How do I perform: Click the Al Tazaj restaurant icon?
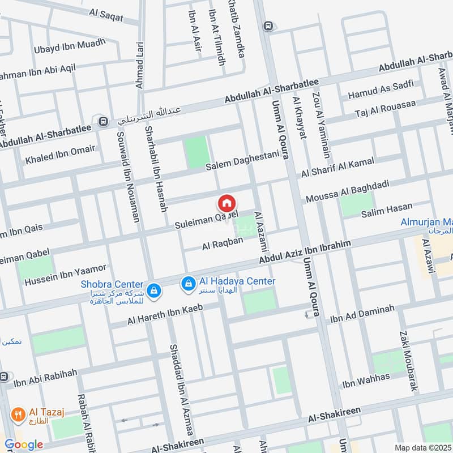(x=19, y=414)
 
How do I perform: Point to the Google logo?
(x=23, y=445)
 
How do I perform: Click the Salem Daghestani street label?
(x=243, y=162)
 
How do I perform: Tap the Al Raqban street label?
(x=223, y=243)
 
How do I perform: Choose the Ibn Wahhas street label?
(x=366, y=380)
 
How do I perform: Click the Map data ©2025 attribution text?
(x=422, y=447)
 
